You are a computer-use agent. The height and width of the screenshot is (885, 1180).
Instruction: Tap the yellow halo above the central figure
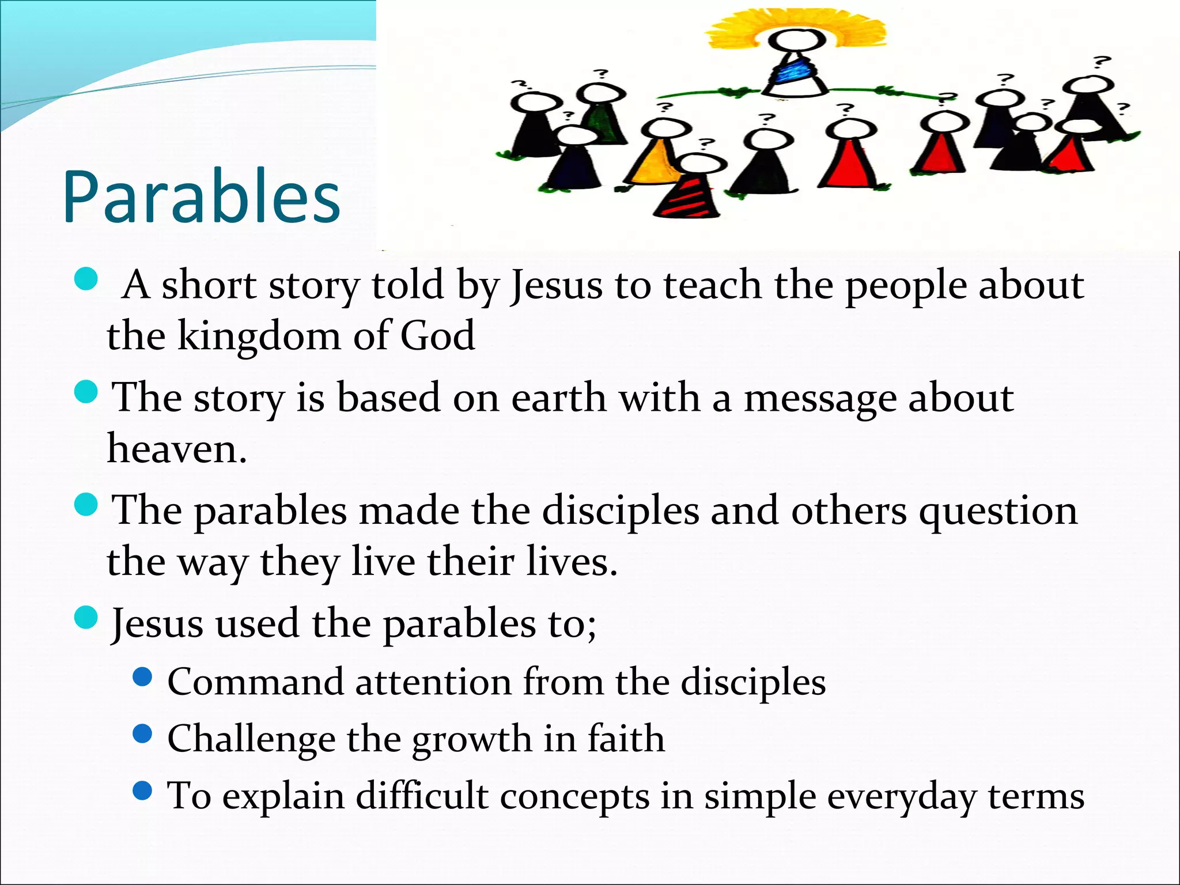point(795,26)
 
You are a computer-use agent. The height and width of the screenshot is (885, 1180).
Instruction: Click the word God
point(437,336)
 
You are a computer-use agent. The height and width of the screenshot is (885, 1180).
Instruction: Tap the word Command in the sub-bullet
point(255,682)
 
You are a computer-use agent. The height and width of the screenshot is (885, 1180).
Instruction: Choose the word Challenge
point(251,739)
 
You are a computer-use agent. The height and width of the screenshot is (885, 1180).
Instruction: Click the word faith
point(626,739)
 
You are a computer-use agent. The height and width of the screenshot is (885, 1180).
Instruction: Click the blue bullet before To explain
point(142,791)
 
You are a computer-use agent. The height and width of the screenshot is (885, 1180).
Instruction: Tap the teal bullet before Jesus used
point(86,618)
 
